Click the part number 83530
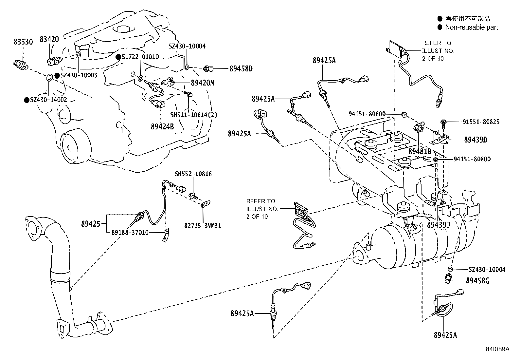point(23,42)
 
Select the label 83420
point(49,39)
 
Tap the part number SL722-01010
point(140,57)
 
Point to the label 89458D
point(241,68)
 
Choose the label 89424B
point(162,126)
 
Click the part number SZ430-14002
point(48,100)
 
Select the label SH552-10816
point(193,174)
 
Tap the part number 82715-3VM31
point(203,225)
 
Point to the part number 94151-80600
point(367,114)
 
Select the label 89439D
point(476,140)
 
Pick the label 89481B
point(420,152)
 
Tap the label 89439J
point(439,225)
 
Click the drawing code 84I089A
point(497,349)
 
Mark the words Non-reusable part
point(471,28)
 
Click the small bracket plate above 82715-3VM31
point(206,204)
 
